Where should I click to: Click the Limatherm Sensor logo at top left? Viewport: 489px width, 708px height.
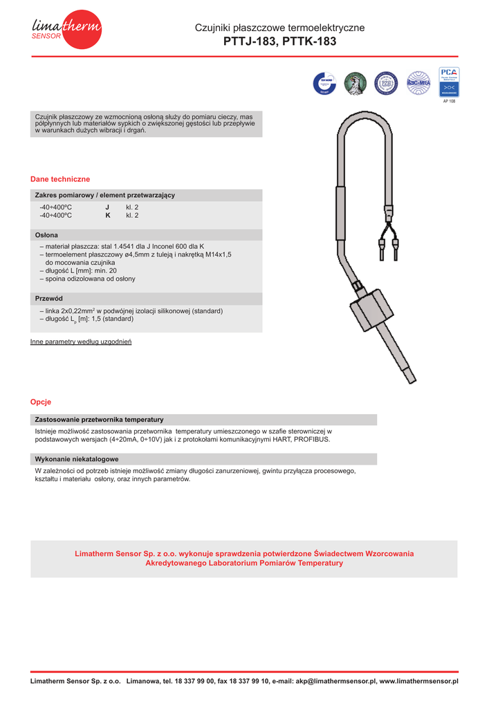66,29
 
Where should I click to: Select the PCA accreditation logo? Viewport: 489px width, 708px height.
449,82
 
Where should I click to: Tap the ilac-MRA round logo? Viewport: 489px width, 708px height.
418,82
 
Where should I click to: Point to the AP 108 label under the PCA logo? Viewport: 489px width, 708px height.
450,101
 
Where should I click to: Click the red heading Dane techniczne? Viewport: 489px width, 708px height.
60,179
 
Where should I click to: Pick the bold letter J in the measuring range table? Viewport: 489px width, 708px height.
107,207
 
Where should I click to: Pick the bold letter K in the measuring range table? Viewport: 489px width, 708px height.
108,216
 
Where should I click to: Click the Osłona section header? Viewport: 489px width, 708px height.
47,235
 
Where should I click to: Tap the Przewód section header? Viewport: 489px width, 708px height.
49,298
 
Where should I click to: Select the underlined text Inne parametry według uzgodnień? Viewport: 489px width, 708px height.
81,342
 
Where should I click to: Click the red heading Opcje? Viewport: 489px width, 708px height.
41,402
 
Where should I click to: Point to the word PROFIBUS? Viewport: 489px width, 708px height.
313,440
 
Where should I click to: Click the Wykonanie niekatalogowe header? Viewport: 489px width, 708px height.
77,459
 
